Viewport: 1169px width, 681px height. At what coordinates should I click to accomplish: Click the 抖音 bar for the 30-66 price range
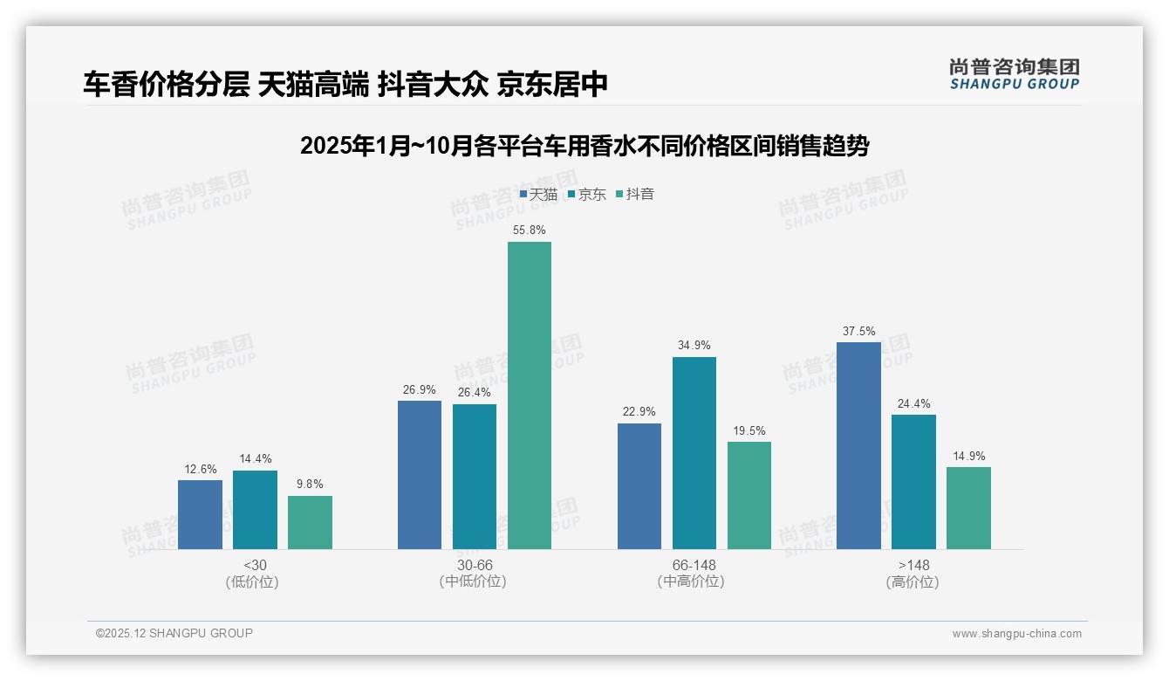[530, 396]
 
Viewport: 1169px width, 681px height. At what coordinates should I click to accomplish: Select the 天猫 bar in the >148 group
[858, 445]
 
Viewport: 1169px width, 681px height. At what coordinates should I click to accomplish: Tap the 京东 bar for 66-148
[694, 453]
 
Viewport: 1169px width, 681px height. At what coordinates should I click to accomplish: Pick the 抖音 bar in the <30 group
[310, 522]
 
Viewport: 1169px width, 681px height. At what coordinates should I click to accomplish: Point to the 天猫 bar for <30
[200, 514]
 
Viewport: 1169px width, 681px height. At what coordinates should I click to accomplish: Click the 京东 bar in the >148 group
[913, 482]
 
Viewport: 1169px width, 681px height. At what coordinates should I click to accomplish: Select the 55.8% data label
[530, 230]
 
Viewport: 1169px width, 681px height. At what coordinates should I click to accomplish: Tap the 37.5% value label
[858, 332]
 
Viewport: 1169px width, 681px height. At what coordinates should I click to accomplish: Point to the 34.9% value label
[694, 346]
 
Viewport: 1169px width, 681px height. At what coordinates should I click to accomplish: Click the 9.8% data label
[310, 485]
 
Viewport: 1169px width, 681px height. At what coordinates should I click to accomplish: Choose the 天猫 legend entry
[538, 195]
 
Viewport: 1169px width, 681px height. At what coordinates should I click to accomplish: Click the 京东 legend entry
[586, 195]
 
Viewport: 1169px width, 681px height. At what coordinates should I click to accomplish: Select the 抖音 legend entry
[635, 195]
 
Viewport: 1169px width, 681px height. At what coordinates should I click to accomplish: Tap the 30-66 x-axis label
[474, 566]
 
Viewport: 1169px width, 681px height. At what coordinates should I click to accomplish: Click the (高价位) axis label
[913, 582]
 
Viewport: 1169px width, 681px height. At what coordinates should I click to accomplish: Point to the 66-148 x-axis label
[694, 566]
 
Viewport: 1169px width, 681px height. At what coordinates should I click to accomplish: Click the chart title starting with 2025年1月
[584, 146]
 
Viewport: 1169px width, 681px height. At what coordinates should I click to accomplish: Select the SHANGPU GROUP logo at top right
[1014, 73]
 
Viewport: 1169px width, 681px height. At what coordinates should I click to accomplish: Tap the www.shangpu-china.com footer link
[1016, 634]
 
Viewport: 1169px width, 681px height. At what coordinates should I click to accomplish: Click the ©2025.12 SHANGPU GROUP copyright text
[174, 634]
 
